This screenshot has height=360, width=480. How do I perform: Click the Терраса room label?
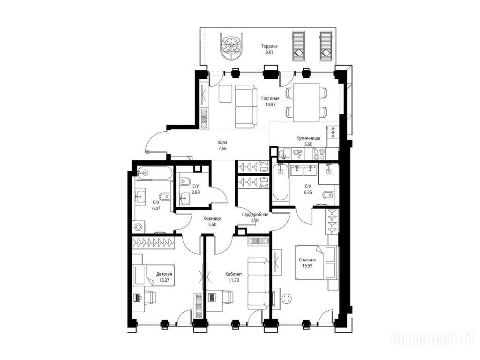[269, 46]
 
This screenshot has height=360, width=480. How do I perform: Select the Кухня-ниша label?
[308, 138]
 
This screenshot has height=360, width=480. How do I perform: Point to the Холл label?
[222, 142]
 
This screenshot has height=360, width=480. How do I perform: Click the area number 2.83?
[195, 192]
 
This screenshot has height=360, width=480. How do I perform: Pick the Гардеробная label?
[255, 215]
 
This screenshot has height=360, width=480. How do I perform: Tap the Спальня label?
[307, 260]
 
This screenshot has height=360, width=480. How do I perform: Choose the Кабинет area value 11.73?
[233, 280]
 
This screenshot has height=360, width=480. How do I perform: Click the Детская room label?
[164, 274]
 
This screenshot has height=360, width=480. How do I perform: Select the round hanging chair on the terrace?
[232, 47]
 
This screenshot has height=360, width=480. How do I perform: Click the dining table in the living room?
[306, 102]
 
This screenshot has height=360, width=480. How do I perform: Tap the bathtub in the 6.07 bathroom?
[154, 173]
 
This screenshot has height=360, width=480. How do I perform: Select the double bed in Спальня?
[317, 262]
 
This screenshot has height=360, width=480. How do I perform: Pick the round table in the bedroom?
[287, 299]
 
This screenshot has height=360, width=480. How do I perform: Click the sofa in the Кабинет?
[259, 283]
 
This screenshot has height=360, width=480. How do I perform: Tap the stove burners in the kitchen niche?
[319, 153]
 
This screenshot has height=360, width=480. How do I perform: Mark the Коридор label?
[212, 218]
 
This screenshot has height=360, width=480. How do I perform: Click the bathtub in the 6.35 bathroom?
[280, 182]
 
